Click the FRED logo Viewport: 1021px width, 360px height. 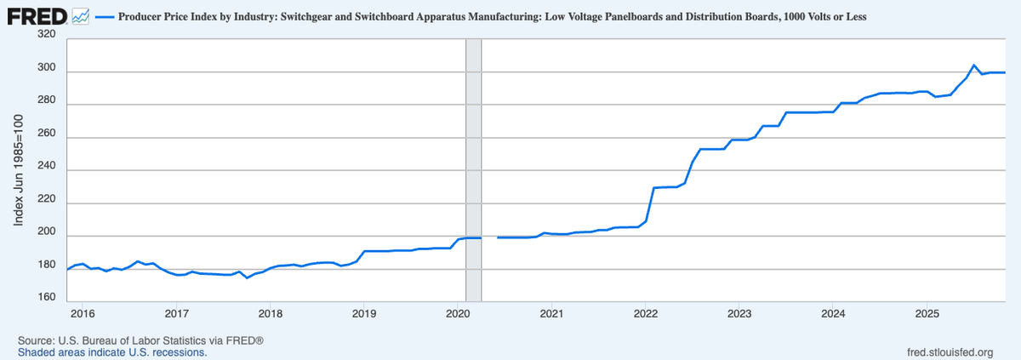pos(37,16)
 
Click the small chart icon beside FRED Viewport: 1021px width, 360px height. pos(82,16)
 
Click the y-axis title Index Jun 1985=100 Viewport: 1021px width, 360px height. pos(18,170)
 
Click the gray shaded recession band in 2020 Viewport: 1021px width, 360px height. pos(473,170)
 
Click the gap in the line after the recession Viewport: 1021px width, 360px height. pos(489,237)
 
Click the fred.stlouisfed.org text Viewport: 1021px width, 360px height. pos(951,351)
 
